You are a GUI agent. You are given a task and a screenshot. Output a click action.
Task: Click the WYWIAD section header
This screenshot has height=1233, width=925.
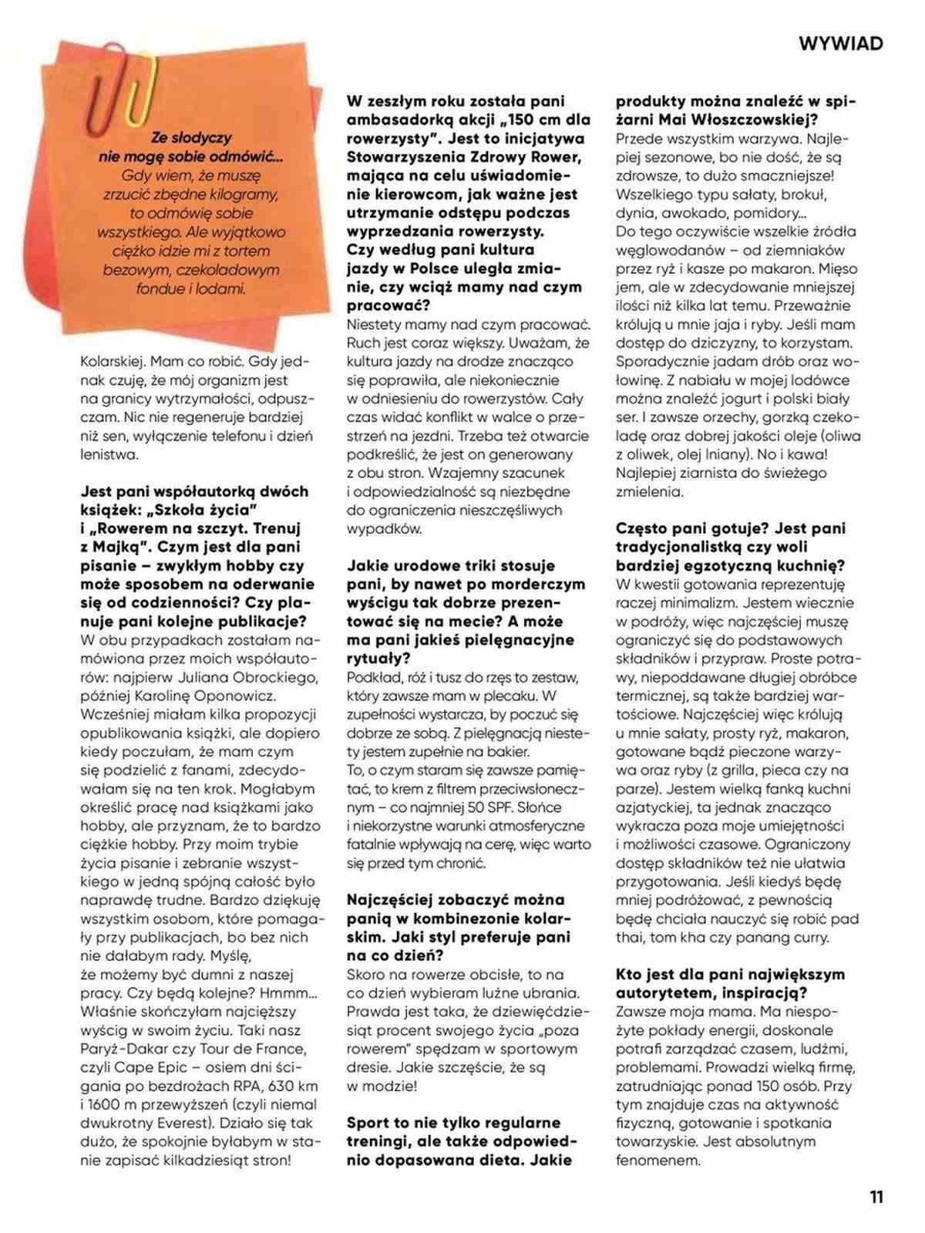tap(840, 43)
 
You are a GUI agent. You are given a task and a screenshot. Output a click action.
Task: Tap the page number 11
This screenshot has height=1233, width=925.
tap(876, 1198)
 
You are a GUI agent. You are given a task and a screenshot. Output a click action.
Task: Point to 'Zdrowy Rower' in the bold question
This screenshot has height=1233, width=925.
tap(524, 157)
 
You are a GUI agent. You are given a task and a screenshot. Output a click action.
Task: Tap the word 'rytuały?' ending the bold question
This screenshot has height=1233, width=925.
tap(378, 659)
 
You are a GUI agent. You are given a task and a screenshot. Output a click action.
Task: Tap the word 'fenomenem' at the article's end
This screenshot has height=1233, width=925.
tap(658, 1160)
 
